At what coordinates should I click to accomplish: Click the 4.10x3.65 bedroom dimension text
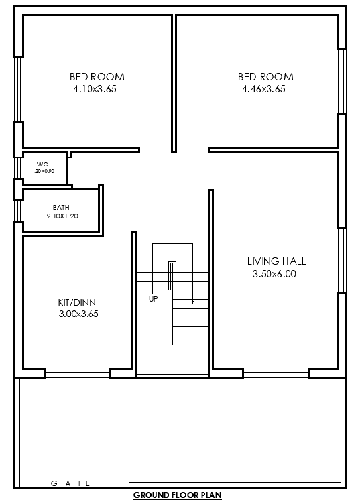click(x=97, y=88)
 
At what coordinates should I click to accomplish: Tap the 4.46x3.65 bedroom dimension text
click(x=264, y=88)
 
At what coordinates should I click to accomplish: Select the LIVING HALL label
click(x=276, y=261)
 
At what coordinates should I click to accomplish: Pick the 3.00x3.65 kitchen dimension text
click(x=78, y=314)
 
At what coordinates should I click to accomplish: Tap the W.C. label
click(x=43, y=164)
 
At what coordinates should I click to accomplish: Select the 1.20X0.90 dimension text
click(x=44, y=171)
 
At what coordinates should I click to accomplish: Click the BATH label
click(x=61, y=208)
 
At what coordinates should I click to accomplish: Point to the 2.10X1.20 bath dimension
click(x=62, y=216)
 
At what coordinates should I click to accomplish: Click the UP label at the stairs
click(x=153, y=299)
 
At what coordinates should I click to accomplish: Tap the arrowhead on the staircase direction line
click(x=193, y=302)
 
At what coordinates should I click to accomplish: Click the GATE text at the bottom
click(x=70, y=484)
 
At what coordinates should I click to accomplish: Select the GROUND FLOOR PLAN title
click(x=177, y=495)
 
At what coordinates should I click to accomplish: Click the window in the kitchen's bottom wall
click(x=77, y=373)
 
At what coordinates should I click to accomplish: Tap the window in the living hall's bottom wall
click(x=276, y=373)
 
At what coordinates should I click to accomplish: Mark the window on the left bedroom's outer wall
click(x=19, y=88)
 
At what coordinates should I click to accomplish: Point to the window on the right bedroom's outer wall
click(x=343, y=81)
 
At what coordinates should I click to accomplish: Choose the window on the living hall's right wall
click(x=343, y=260)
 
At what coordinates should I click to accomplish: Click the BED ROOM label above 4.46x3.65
click(x=265, y=77)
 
